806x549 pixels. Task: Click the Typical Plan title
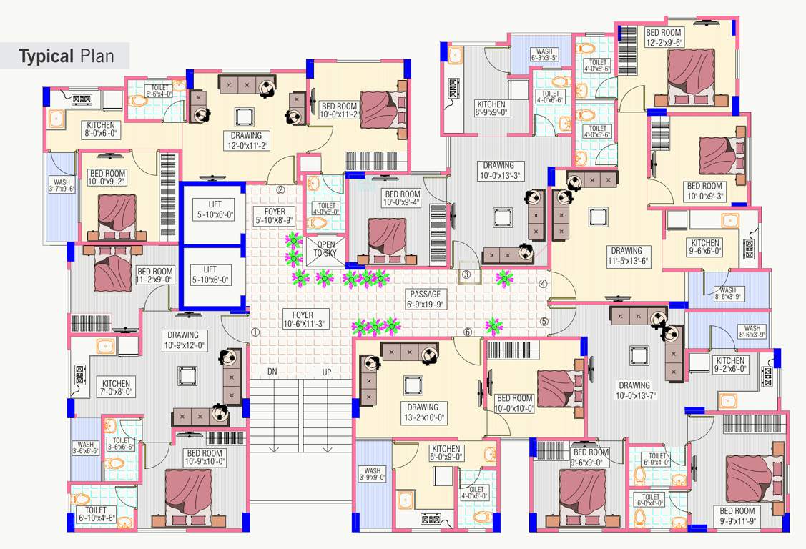[66, 56]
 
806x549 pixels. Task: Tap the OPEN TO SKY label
[325, 249]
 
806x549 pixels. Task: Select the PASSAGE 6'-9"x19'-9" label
[425, 300]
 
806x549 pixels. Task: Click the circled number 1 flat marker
[255, 332]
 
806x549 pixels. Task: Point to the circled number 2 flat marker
[280, 190]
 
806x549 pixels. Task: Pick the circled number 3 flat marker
[466, 275]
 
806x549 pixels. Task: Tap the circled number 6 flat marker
[468, 332]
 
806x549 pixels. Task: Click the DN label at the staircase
[272, 372]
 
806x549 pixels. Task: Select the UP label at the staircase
[326, 372]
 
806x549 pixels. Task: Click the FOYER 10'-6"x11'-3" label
[303, 319]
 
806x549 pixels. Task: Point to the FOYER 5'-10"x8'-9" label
[275, 216]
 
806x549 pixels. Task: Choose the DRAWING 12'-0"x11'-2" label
[246, 141]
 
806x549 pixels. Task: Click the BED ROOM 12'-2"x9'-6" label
[664, 37]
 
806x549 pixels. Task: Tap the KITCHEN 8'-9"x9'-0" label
[491, 108]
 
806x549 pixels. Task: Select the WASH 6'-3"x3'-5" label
[545, 54]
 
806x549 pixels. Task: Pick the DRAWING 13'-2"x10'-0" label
[423, 412]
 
